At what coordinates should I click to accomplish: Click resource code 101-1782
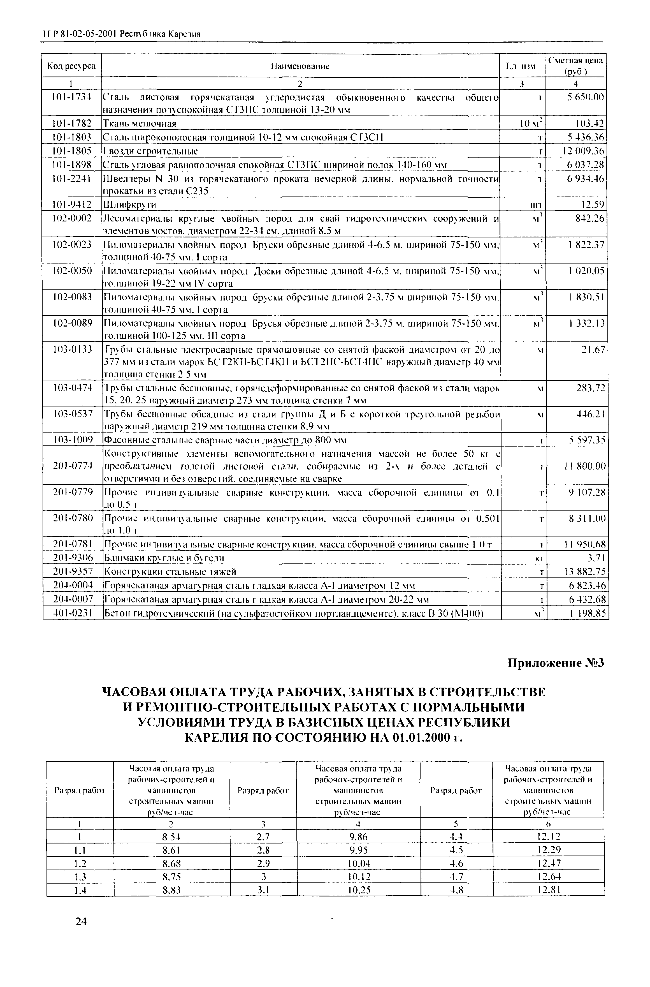[72, 124]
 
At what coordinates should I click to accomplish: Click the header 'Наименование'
[300, 66]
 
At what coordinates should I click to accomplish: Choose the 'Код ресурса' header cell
[71, 66]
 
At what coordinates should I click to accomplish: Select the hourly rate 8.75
[171, 877]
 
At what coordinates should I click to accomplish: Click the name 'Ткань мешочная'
[139, 124]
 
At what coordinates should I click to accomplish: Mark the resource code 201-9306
[72, 559]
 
